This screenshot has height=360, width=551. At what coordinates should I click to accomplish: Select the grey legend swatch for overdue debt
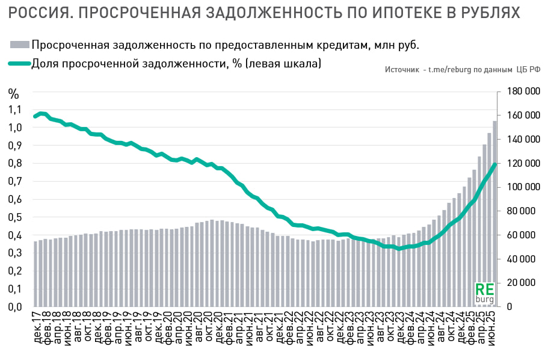[20, 45]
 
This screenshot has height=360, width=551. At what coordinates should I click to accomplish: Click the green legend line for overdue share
[20, 63]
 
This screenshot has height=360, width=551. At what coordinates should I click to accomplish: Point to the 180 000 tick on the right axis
[521, 91]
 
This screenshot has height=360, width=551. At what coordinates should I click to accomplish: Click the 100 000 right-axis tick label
[521, 187]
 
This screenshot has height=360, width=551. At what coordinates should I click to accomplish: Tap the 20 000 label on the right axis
[523, 283]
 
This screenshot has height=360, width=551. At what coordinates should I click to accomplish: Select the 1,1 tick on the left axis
[16, 110]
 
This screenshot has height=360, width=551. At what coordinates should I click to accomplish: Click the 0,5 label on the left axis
[16, 217]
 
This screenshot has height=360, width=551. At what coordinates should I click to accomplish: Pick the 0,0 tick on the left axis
[16, 307]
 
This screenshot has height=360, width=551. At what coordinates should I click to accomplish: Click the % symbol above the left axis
[14, 93]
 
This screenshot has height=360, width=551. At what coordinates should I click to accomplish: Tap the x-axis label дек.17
[38, 328]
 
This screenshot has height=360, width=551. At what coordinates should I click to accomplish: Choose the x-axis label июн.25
[493, 328]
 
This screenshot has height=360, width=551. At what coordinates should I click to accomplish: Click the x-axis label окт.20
[210, 328]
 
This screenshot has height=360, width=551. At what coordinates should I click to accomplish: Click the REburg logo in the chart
[484, 293]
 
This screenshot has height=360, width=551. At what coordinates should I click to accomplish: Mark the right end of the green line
[494, 164]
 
